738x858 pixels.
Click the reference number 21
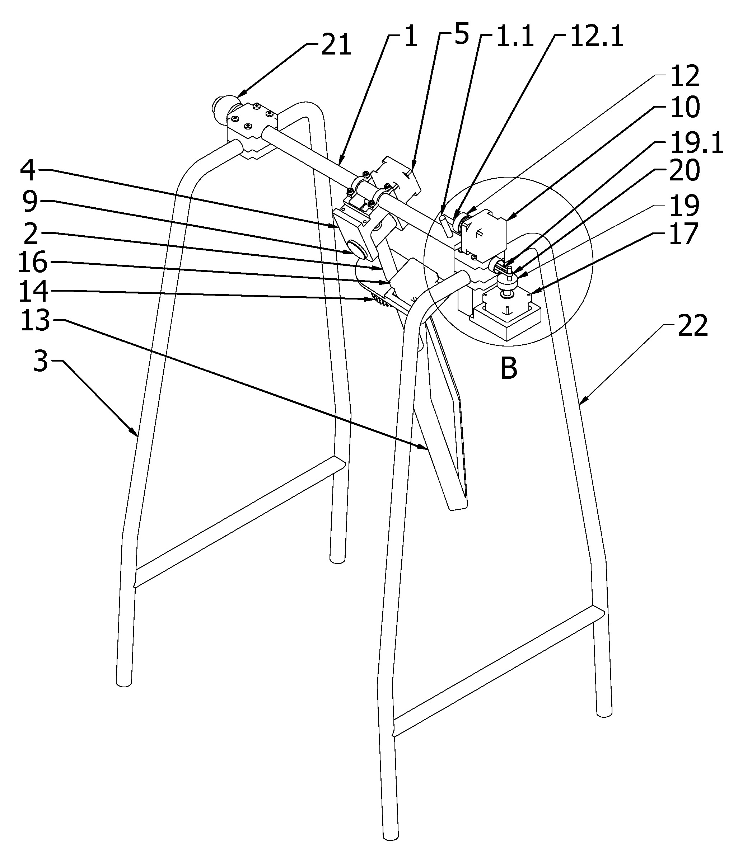(336, 45)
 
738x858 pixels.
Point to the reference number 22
(692, 326)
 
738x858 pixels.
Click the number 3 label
(40, 362)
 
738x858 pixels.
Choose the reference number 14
(33, 291)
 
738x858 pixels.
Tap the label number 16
(33, 263)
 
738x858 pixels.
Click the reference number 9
(30, 202)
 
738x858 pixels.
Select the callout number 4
(28, 169)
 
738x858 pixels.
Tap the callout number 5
(461, 35)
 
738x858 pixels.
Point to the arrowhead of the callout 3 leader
(137, 436)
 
